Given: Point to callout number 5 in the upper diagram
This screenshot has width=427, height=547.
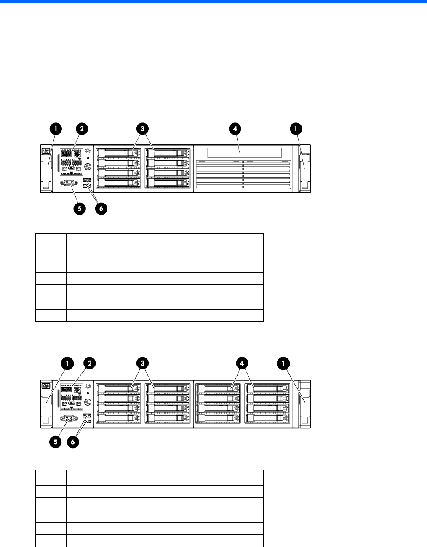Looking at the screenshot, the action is (78, 209).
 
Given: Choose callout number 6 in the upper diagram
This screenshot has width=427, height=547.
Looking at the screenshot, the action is (101, 209).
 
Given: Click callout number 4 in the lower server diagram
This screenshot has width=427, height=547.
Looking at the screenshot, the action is (242, 363).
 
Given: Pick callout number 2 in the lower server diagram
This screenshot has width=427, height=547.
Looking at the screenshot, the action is (89, 363).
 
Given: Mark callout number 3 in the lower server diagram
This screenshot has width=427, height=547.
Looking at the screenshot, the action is (143, 363).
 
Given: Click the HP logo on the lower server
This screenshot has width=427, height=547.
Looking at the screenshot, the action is (45, 385).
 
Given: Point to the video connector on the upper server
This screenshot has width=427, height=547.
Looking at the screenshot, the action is (69, 183).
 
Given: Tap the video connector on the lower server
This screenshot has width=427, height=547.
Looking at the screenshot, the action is (69, 418).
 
